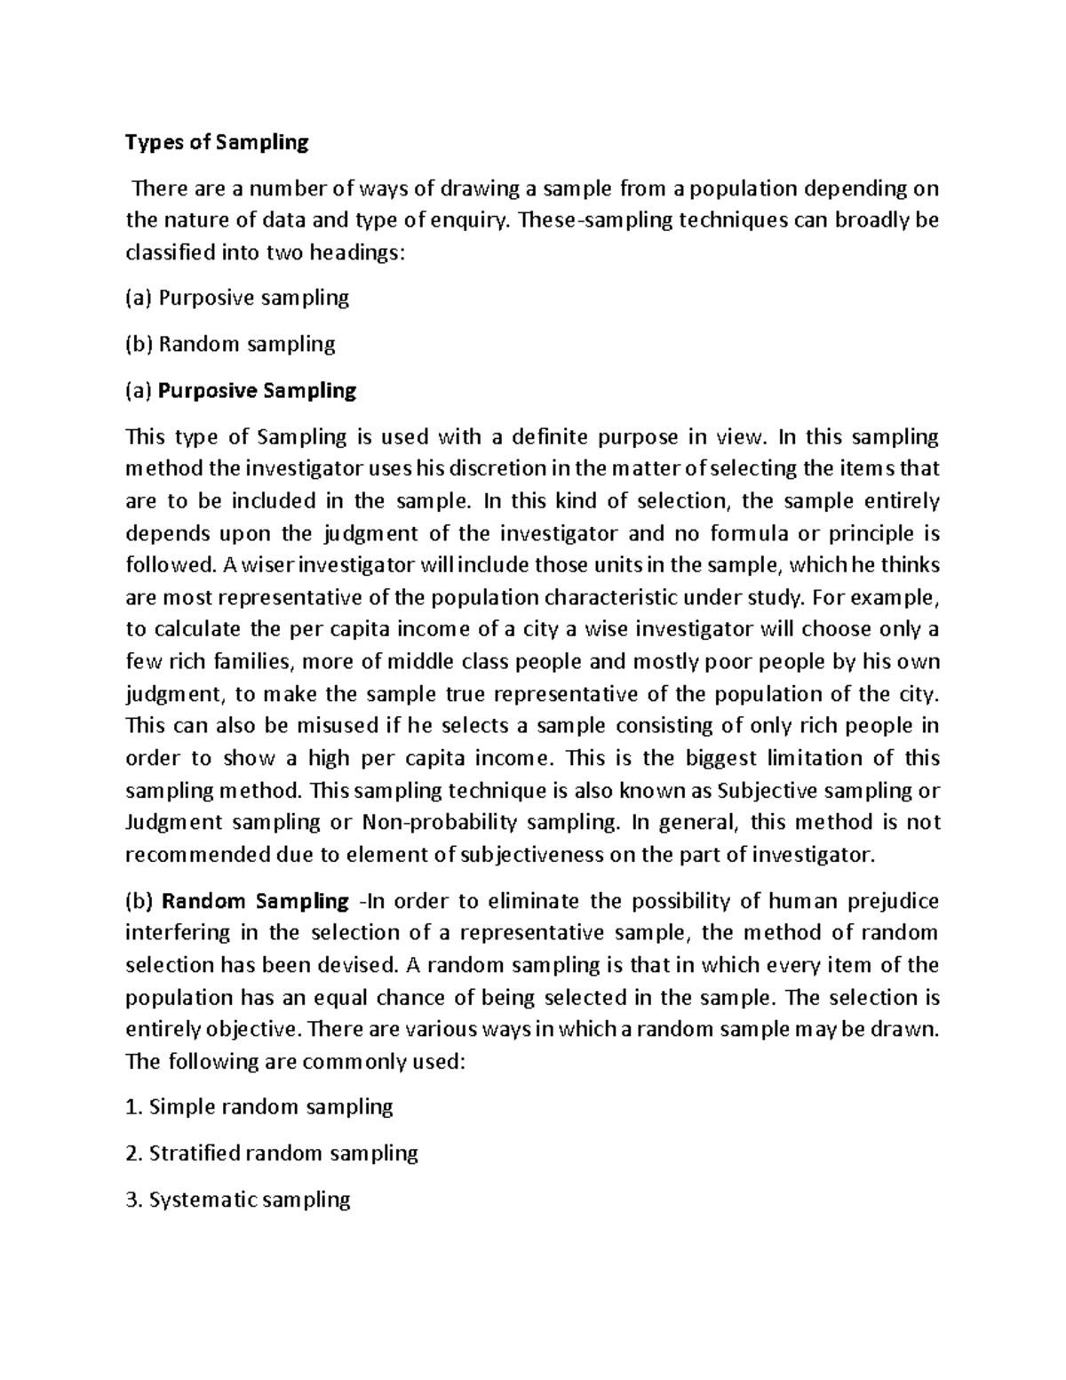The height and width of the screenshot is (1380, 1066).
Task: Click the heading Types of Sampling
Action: pyautogui.click(x=217, y=142)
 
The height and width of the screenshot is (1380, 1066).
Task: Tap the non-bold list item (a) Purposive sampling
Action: pyautogui.click(x=237, y=298)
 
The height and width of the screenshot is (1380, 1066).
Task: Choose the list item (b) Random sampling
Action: pyautogui.click(x=230, y=344)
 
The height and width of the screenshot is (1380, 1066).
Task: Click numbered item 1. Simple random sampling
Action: pyautogui.click(x=259, y=1107)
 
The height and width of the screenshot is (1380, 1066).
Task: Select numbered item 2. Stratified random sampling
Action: pyautogui.click(x=272, y=1153)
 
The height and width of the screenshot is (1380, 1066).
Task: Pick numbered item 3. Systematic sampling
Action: pyautogui.click(x=238, y=1200)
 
